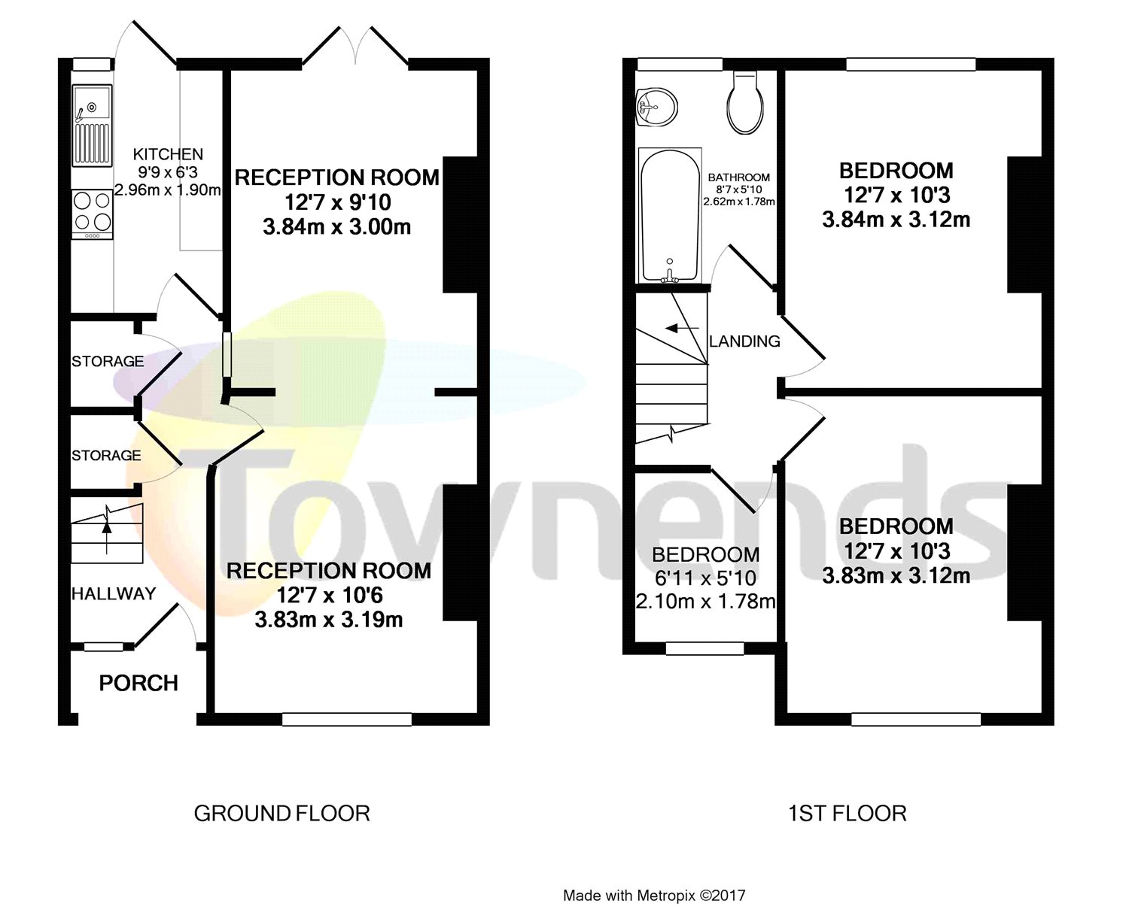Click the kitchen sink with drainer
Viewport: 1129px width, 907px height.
[x=92, y=126]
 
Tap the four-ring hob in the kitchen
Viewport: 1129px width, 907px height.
[x=92, y=212]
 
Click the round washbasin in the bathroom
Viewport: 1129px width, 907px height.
[x=656, y=107]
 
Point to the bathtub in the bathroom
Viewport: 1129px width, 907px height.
[x=670, y=214]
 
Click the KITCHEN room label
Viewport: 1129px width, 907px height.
[x=168, y=154]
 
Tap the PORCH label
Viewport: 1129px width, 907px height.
[x=138, y=683]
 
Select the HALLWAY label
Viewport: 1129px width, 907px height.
[x=114, y=593]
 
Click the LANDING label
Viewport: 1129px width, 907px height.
[x=744, y=341]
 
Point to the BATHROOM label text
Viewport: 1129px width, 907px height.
[x=738, y=177]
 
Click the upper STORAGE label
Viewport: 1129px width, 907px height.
[x=108, y=361]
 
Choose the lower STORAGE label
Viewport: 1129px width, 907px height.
[x=106, y=455]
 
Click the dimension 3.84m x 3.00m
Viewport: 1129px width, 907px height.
[x=336, y=226]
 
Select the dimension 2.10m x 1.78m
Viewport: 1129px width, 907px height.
[x=705, y=602]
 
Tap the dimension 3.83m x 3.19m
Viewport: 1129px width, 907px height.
[x=329, y=620]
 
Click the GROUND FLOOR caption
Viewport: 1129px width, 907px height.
[x=281, y=813]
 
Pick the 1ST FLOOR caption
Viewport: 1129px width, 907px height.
[x=847, y=813]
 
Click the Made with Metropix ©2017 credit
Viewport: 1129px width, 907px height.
[x=654, y=895]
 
